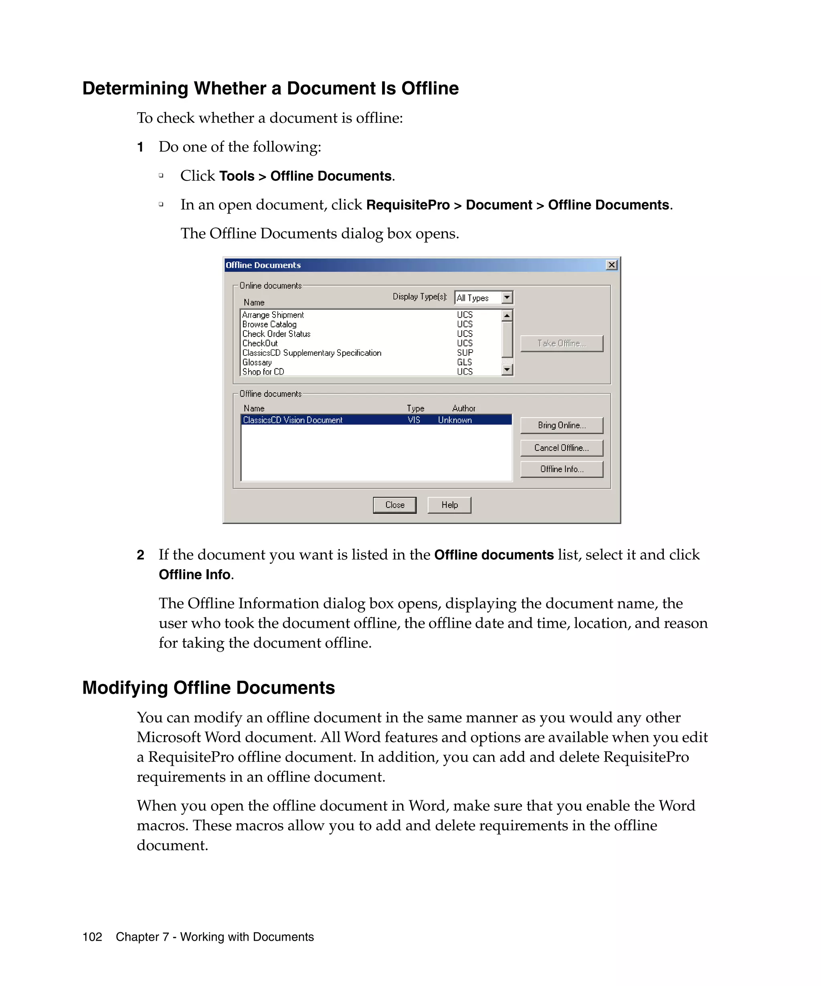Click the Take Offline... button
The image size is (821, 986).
pos(561,343)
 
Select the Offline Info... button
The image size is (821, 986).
pos(561,469)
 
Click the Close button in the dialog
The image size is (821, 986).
pos(394,505)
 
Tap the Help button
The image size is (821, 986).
pos(449,505)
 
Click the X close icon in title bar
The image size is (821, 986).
pos(611,265)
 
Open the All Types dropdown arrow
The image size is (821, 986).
pos(507,298)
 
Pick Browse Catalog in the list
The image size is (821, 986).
pos(269,325)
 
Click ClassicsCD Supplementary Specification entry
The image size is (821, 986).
pos(311,353)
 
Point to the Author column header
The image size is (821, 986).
pos(463,408)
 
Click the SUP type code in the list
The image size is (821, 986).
pos(465,353)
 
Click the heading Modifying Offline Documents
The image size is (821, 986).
pos(208,688)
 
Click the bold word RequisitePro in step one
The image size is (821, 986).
pos(407,205)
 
